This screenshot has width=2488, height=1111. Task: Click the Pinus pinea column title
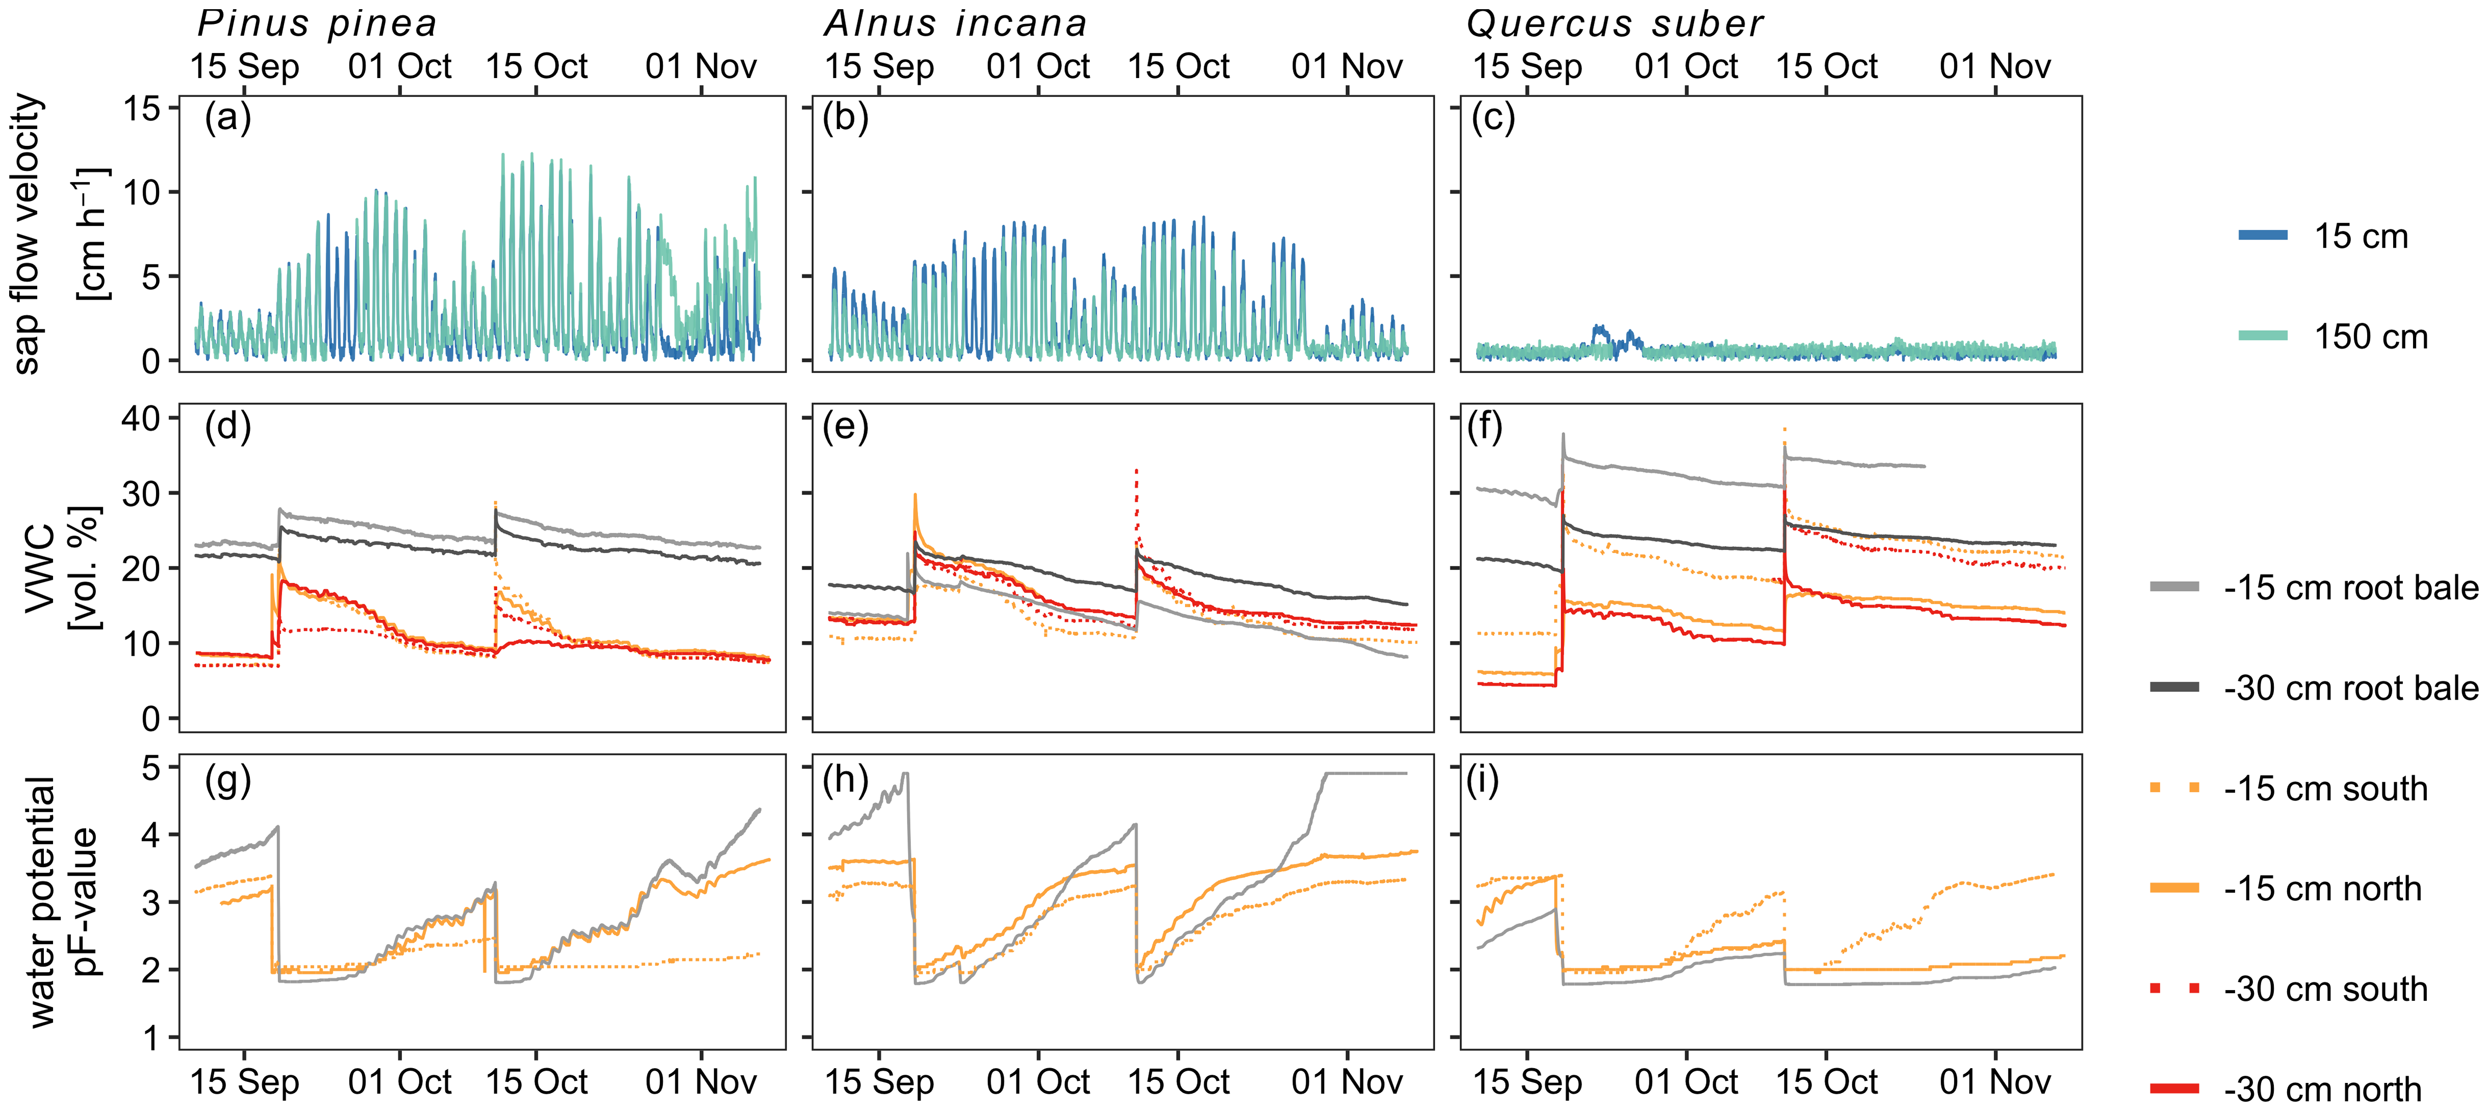(x=317, y=23)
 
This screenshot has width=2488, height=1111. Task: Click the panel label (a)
(x=228, y=118)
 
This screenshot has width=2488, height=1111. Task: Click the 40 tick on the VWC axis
(x=141, y=418)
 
